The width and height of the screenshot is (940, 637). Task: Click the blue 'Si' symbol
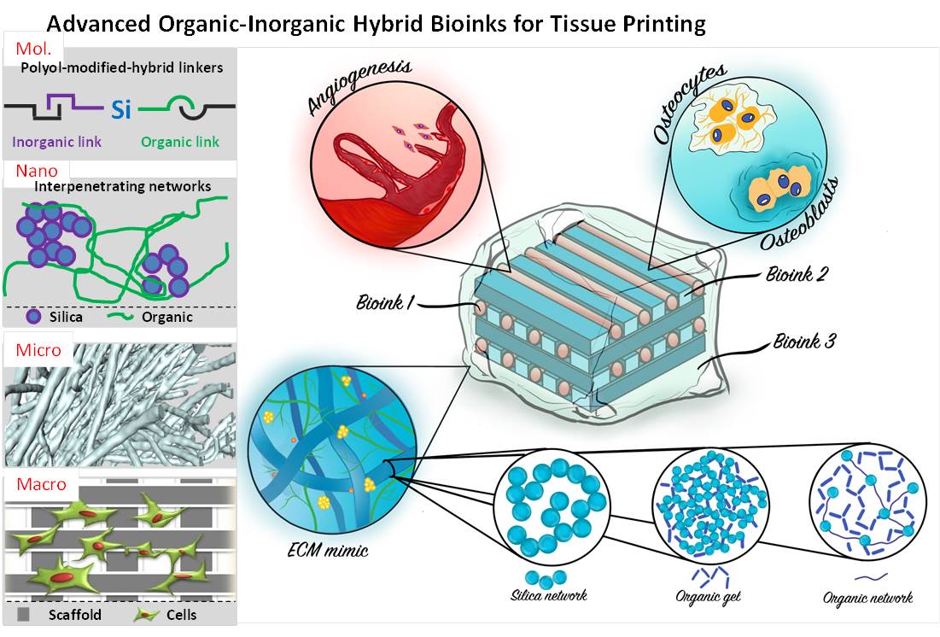(x=121, y=109)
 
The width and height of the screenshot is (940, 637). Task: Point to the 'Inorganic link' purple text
(x=56, y=142)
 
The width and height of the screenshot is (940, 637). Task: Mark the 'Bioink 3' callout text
(x=805, y=343)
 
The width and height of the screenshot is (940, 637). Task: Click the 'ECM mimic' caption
(x=328, y=550)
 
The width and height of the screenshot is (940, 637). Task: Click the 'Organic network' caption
(x=867, y=596)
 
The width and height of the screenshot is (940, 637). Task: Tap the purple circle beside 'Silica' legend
(x=33, y=316)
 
